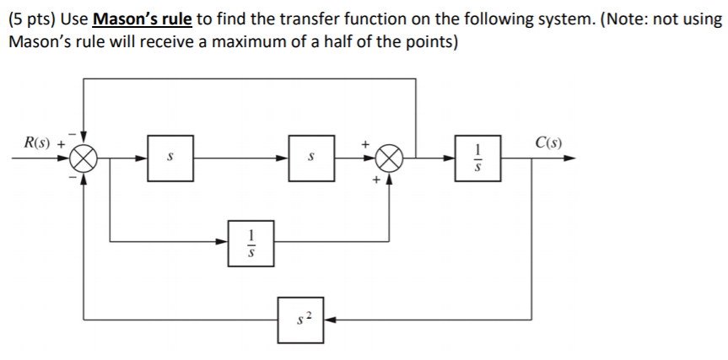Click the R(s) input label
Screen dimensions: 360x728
coord(37,142)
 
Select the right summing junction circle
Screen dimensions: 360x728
coord(389,158)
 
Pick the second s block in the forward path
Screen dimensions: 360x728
coord(310,158)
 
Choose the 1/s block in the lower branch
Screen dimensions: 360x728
coord(250,243)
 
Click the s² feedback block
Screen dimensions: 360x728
coord(300,320)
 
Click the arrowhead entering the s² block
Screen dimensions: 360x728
coord(329,320)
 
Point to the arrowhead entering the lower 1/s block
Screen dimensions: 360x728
coord(222,243)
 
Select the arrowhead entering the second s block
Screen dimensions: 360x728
coord(283,158)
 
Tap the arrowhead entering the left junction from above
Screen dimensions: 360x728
coord(84,137)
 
